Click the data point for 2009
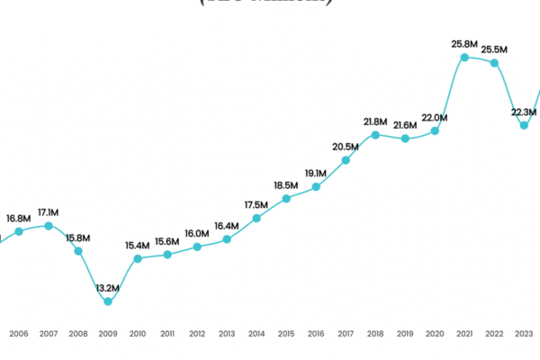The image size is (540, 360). [108, 301]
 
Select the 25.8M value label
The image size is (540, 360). [464, 43]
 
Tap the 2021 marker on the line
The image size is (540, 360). [464, 58]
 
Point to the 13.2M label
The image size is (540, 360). [108, 287]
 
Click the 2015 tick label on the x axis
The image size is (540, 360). [286, 334]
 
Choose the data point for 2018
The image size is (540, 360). [375, 135]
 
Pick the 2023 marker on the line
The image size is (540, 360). [524, 125]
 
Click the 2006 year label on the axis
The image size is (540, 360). [19, 334]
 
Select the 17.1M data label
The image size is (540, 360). [49, 212]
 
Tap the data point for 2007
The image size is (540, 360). [49, 226]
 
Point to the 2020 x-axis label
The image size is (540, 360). [435, 334]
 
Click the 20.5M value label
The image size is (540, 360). [346, 147]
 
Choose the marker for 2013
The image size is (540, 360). [227, 239]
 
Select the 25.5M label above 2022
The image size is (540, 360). [494, 49]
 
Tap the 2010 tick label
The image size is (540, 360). [138, 334]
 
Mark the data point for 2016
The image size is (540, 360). [316, 187]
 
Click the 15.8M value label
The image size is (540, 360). [78, 238]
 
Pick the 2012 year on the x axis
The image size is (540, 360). [197, 334]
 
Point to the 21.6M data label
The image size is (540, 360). [406, 125]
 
